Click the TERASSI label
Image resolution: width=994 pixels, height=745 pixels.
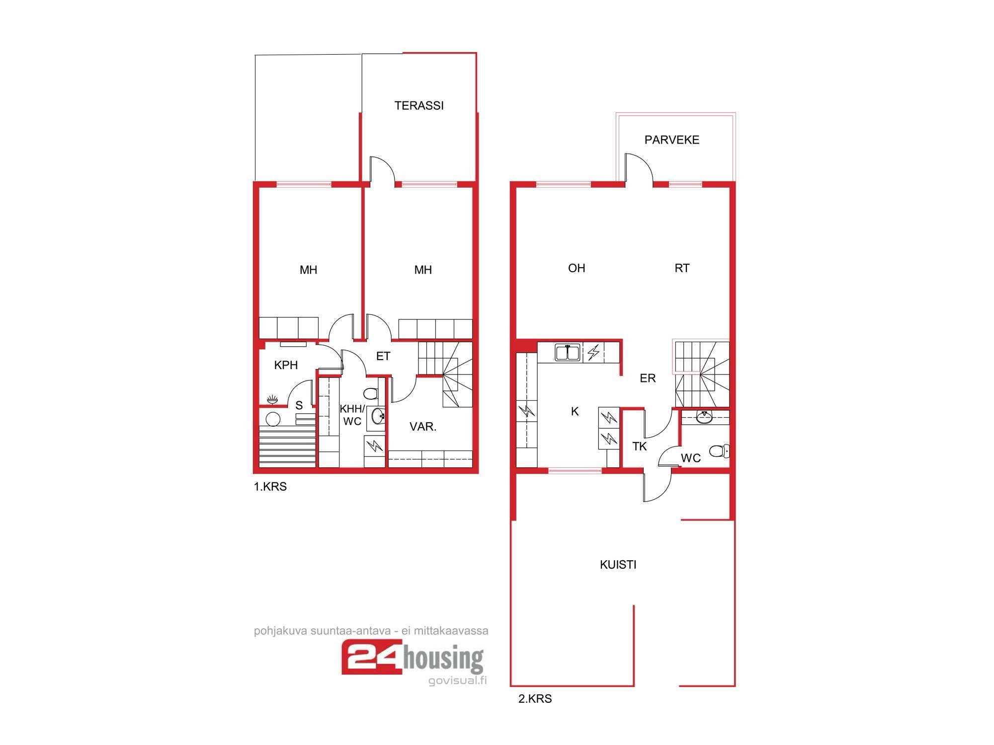419,105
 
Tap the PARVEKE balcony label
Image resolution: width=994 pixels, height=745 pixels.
672,140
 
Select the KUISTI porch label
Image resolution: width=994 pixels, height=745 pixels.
618,564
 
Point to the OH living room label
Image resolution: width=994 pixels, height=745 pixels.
577,268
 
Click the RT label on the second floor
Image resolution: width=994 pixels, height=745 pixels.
682,268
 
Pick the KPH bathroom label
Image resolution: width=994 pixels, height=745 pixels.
286,365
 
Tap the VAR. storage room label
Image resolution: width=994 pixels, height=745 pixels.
423,426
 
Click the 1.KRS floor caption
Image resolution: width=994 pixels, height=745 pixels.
270,487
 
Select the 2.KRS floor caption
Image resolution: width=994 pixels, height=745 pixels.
535,699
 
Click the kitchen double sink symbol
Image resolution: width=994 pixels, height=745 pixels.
568,353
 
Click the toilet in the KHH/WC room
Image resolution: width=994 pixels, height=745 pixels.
371,394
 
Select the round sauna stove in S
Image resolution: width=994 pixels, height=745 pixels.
273,419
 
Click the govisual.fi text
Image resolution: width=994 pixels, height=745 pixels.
457,680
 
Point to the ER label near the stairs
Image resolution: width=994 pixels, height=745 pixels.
648,378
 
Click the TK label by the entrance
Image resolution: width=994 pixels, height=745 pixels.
640,447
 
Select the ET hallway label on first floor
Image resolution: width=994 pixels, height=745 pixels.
383,356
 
